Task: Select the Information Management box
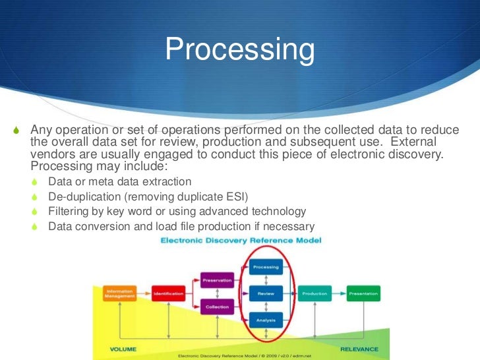coord(119,293)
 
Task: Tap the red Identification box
coord(168,293)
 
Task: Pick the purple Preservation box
coord(217,280)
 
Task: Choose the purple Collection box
coord(217,307)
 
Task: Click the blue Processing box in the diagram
coord(266,267)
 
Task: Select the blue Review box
coord(266,293)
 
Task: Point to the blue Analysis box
coord(266,320)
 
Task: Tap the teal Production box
coord(315,293)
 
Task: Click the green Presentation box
coord(363,293)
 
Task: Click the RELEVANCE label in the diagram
coord(359,349)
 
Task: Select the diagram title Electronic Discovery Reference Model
coord(241,241)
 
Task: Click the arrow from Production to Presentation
coord(339,293)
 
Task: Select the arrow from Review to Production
coord(290,293)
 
